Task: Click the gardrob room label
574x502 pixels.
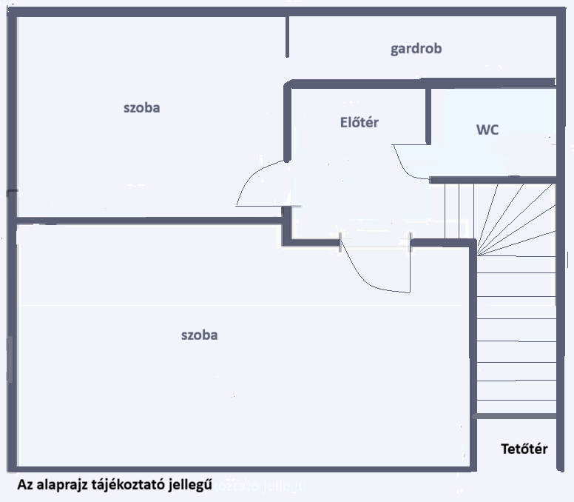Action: point(416,49)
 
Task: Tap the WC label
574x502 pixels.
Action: point(487,130)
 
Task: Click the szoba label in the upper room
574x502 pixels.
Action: point(141,107)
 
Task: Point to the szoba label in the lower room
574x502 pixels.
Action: point(199,335)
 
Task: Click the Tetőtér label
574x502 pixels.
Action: point(524,449)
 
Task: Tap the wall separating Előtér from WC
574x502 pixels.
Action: point(428,115)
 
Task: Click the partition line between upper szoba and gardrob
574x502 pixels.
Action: point(287,37)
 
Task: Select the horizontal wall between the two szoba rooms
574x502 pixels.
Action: point(148,221)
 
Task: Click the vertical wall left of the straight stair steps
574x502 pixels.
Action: point(474,333)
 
